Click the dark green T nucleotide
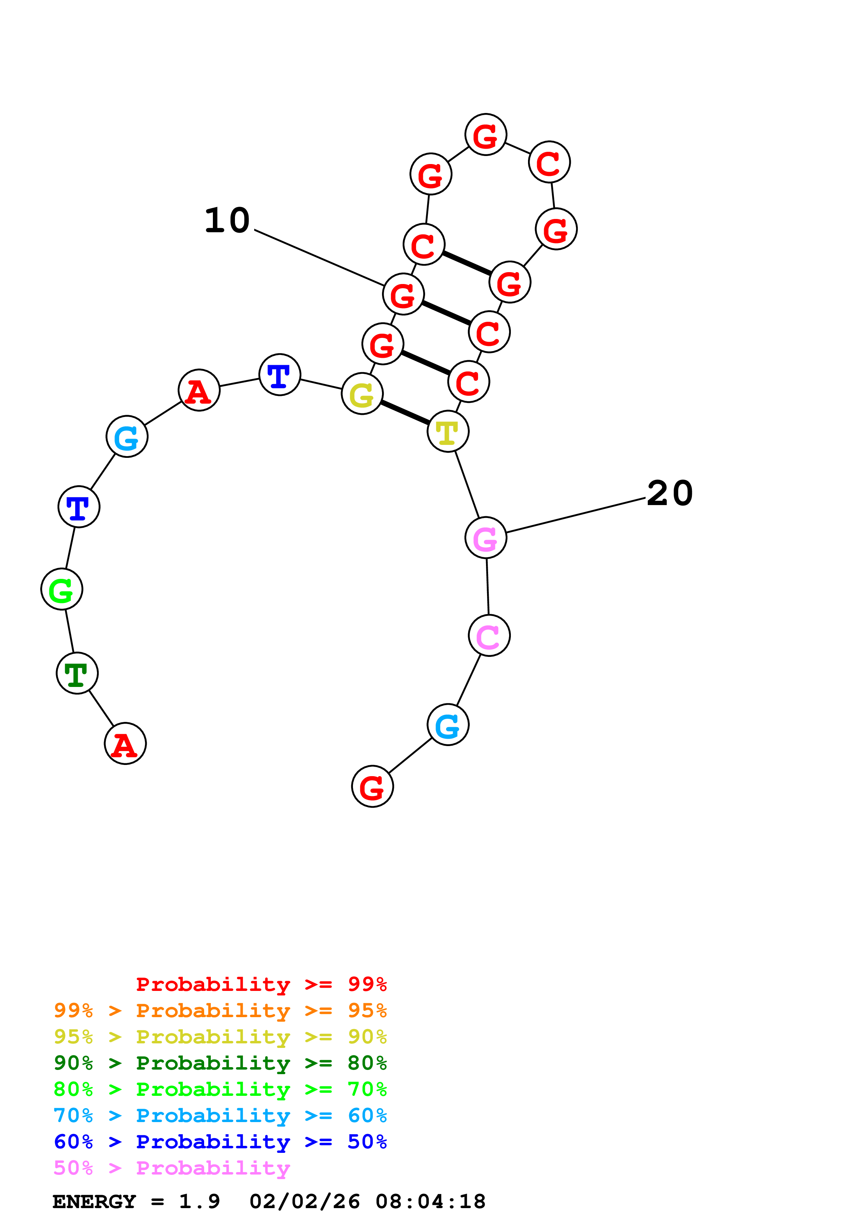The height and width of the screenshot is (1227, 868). pyautogui.click(x=77, y=673)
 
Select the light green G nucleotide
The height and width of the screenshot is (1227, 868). pyautogui.click(x=62, y=589)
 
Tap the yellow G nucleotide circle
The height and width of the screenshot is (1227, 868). pyautogui.click(x=362, y=395)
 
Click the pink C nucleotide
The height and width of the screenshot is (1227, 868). pyautogui.click(x=489, y=636)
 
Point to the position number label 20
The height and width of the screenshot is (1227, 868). pyautogui.click(x=669, y=493)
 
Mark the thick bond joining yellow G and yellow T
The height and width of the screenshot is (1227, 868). pyautogui.click(x=405, y=413)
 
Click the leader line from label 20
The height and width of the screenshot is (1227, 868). pyautogui.click(x=575, y=516)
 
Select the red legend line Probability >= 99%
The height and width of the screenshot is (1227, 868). pyautogui.click(x=261, y=984)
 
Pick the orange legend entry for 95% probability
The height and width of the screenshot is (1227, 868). pyautogui.click(x=220, y=1010)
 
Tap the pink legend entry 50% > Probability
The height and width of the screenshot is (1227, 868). pyautogui.click(x=172, y=1168)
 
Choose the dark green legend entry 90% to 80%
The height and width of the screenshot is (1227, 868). pyautogui.click(x=220, y=1063)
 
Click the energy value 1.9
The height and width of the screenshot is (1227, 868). pyautogui.click(x=199, y=1202)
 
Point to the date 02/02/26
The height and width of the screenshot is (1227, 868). pyautogui.click(x=304, y=1202)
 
